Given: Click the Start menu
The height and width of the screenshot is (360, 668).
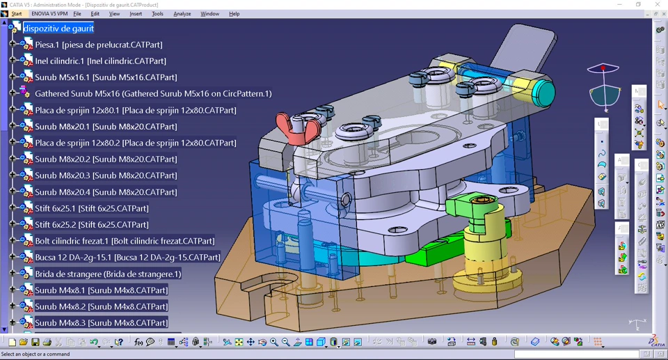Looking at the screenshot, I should tap(16, 14).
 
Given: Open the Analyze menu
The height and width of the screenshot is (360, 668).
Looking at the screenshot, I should tap(182, 14).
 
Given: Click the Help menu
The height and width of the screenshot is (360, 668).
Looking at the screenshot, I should tap(234, 14).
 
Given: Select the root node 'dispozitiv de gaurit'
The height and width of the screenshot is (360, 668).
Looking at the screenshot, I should tap(58, 29).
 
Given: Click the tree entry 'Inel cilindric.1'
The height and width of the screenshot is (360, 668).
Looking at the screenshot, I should tap(100, 61).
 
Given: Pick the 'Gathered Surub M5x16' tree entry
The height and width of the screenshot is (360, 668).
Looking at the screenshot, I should tap(153, 93).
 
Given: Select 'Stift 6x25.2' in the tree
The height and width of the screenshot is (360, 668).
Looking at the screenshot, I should tap(91, 225).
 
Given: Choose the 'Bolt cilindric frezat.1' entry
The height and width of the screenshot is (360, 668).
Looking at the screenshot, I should tap(125, 241).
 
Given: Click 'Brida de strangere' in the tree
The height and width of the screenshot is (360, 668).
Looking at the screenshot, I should tap(108, 274).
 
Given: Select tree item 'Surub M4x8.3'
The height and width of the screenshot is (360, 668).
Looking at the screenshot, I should tap(101, 323).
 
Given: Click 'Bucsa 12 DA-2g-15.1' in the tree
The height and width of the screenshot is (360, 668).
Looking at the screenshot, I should tap(127, 258).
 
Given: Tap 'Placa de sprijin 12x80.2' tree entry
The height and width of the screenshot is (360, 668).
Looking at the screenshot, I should tap(136, 143).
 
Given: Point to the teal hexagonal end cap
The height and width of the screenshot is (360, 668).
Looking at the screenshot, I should tap(542, 92).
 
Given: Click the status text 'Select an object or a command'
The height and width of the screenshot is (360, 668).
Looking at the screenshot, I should tap(35, 354).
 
